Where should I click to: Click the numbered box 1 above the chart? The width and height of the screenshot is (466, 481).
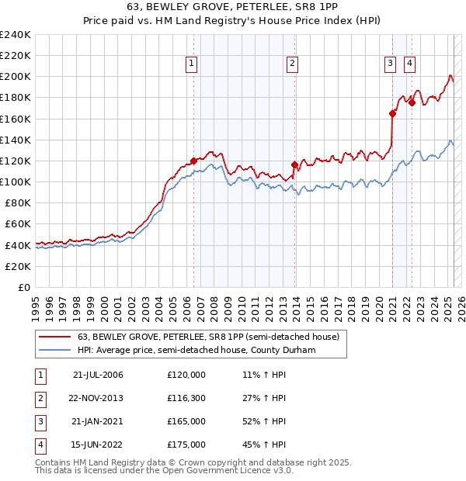click(191, 64)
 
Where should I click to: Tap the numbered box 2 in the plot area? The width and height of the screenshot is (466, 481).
click(292, 64)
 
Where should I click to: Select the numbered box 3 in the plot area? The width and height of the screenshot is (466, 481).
click(390, 64)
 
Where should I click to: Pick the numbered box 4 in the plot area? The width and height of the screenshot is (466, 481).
click(409, 64)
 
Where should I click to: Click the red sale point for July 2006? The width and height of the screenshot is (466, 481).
click(193, 161)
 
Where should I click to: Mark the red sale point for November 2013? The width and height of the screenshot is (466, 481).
click(294, 164)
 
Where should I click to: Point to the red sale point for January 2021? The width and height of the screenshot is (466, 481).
click(392, 113)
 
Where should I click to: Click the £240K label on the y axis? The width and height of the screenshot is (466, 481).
click(16, 35)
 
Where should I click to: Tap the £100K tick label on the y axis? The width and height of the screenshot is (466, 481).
click(16, 182)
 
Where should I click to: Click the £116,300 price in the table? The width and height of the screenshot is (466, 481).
click(186, 397)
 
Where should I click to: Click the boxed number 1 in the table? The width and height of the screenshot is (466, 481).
click(40, 374)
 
